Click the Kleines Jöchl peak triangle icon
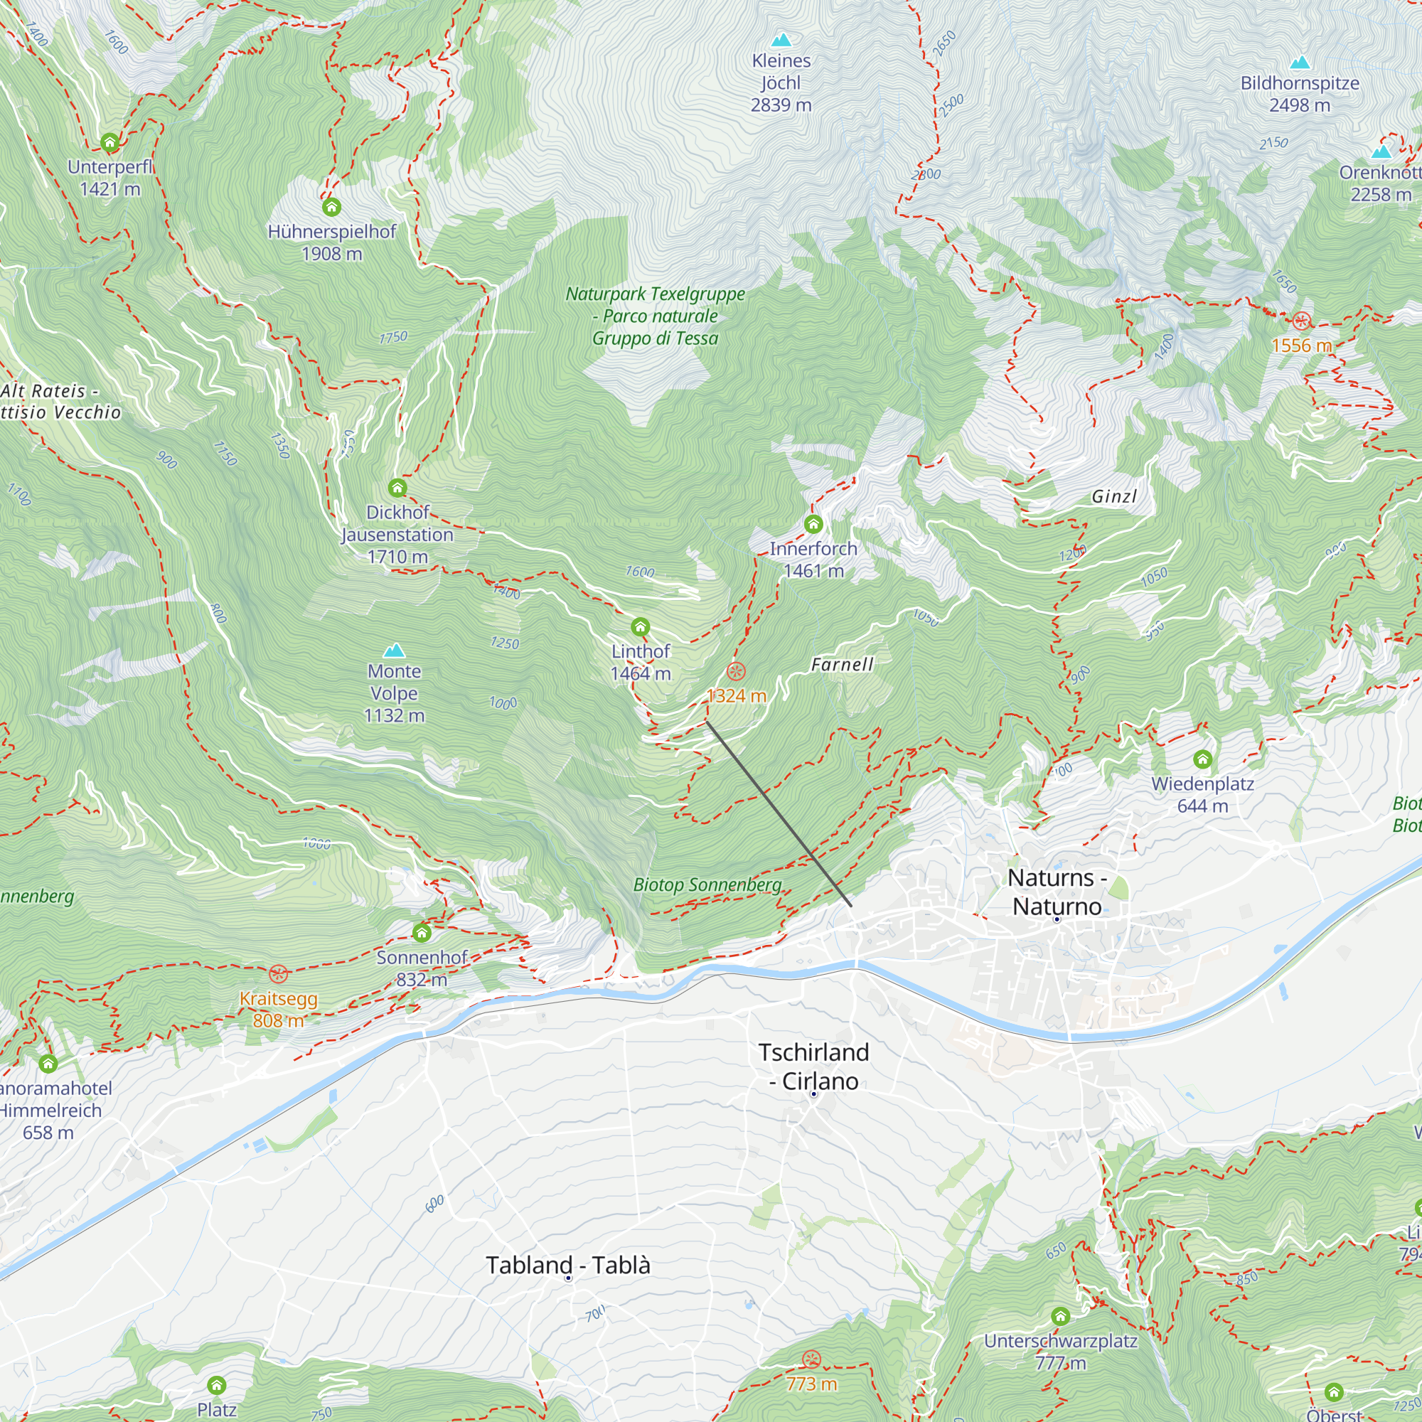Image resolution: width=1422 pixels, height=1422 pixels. click(x=781, y=40)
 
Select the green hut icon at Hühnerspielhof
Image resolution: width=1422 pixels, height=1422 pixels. click(x=332, y=207)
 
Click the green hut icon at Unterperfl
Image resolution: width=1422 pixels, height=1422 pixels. click(x=109, y=142)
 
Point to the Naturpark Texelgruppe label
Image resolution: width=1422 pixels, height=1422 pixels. click(x=655, y=316)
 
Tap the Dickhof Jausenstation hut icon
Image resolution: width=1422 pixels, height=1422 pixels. click(x=397, y=487)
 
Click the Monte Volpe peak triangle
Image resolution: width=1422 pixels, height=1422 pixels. click(x=395, y=650)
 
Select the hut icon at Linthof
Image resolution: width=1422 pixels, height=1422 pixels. click(x=641, y=627)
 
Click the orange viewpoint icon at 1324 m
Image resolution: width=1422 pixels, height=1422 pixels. click(x=736, y=670)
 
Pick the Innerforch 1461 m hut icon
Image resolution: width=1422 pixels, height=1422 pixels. click(x=813, y=524)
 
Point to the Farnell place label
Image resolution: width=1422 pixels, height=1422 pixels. click(x=842, y=665)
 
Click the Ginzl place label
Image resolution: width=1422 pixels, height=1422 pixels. click(x=1114, y=497)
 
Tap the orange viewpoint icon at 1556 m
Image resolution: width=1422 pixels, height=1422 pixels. click(x=1301, y=321)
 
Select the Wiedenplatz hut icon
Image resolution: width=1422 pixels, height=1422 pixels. click(x=1203, y=759)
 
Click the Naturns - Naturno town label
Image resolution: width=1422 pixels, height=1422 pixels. click(x=1057, y=892)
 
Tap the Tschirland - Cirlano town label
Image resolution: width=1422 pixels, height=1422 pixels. click(x=814, y=1066)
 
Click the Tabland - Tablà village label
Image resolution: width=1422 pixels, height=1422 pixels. click(x=568, y=1264)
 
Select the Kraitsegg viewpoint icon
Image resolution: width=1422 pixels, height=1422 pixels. click(x=277, y=974)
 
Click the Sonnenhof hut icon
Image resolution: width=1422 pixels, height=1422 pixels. click(x=422, y=933)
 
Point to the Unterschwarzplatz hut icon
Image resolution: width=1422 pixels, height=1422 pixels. click(x=1061, y=1315)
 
